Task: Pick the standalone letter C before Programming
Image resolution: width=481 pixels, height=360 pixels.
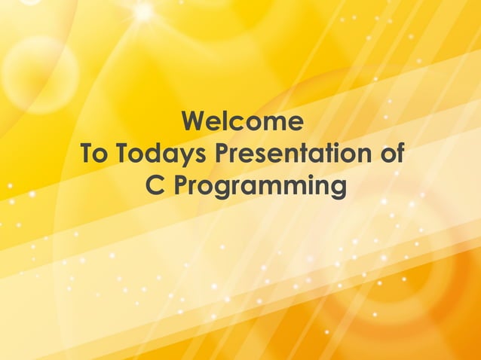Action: click(x=154, y=186)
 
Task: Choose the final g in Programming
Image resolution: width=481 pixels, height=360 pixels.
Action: click(x=337, y=190)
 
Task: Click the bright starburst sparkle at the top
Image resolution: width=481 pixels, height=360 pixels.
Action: click(x=142, y=11)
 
